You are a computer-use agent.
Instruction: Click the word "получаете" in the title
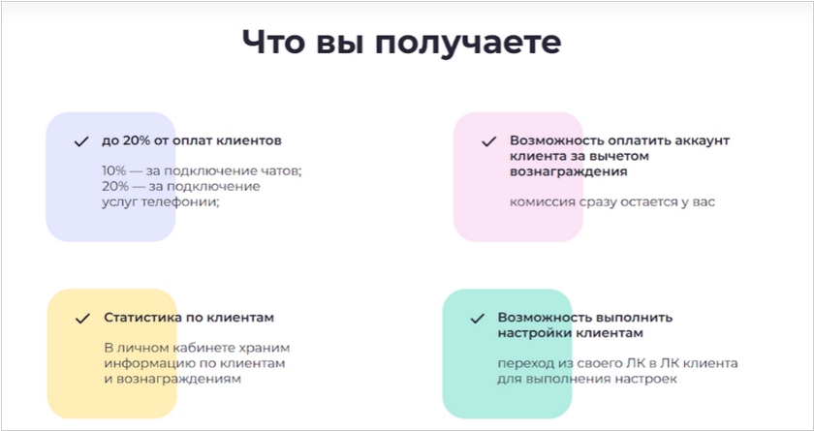point(468,43)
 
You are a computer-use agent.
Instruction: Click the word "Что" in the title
point(272,42)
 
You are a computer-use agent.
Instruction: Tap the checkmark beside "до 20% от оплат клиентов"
point(81,141)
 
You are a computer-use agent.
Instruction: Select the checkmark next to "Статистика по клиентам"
point(82,319)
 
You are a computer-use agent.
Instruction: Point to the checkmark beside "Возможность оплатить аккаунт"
point(489,141)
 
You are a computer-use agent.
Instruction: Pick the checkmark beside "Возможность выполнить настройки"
point(477,319)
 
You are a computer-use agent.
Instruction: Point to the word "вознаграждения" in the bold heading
point(569,172)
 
